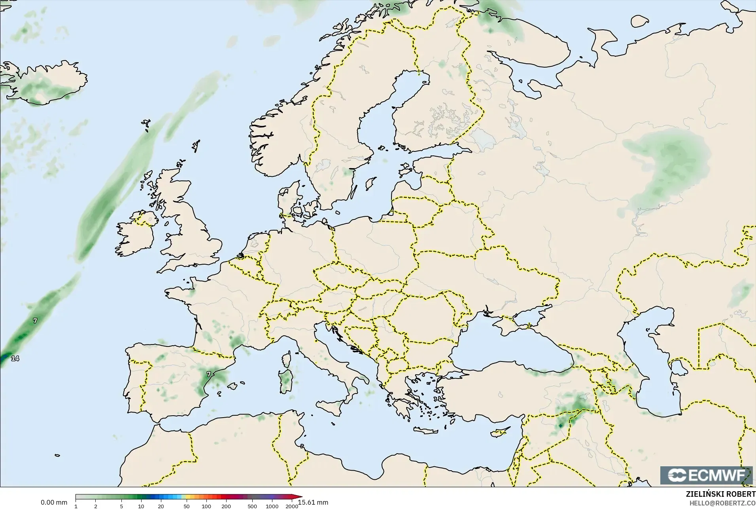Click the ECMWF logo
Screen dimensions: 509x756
(x=706, y=475)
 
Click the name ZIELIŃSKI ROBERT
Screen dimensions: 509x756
(x=720, y=494)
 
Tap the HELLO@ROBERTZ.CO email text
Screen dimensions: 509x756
(x=722, y=503)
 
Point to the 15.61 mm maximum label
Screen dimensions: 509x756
(x=313, y=502)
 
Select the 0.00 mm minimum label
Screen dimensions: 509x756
(x=54, y=502)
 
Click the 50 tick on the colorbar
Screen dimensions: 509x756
(x=187, y=506)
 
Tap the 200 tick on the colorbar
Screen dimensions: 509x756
(x=226, y=506)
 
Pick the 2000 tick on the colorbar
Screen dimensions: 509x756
(x=292, y=506)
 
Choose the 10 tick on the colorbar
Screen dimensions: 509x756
(x=141, y=506)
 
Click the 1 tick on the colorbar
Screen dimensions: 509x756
(x=76, y=506)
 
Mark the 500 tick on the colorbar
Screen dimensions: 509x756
(x=252, y=506)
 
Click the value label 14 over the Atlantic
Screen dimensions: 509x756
(x=15, y=358)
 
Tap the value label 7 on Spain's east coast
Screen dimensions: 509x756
(x=209, y=374)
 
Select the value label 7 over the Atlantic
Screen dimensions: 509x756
(x=35, y=321)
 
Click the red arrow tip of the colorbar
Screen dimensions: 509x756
(x=301, y=497)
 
